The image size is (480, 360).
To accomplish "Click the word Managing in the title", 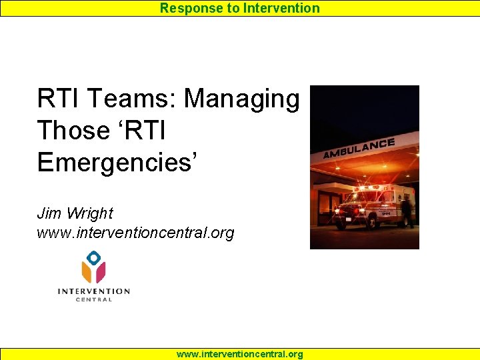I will (x=242, y=99).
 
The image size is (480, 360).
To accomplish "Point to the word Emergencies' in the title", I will (x=117, y=162).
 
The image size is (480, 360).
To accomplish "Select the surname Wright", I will (x=89, y=213).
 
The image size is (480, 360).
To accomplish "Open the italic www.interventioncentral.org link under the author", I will (x=135, y=233).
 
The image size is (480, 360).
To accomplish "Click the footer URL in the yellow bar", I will (x=239, y=354).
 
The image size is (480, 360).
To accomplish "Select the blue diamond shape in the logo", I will (x=94, y=257).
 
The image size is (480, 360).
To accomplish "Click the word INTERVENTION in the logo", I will (x=93, y=291).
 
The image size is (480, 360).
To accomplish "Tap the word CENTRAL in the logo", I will (x=93, y=299).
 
